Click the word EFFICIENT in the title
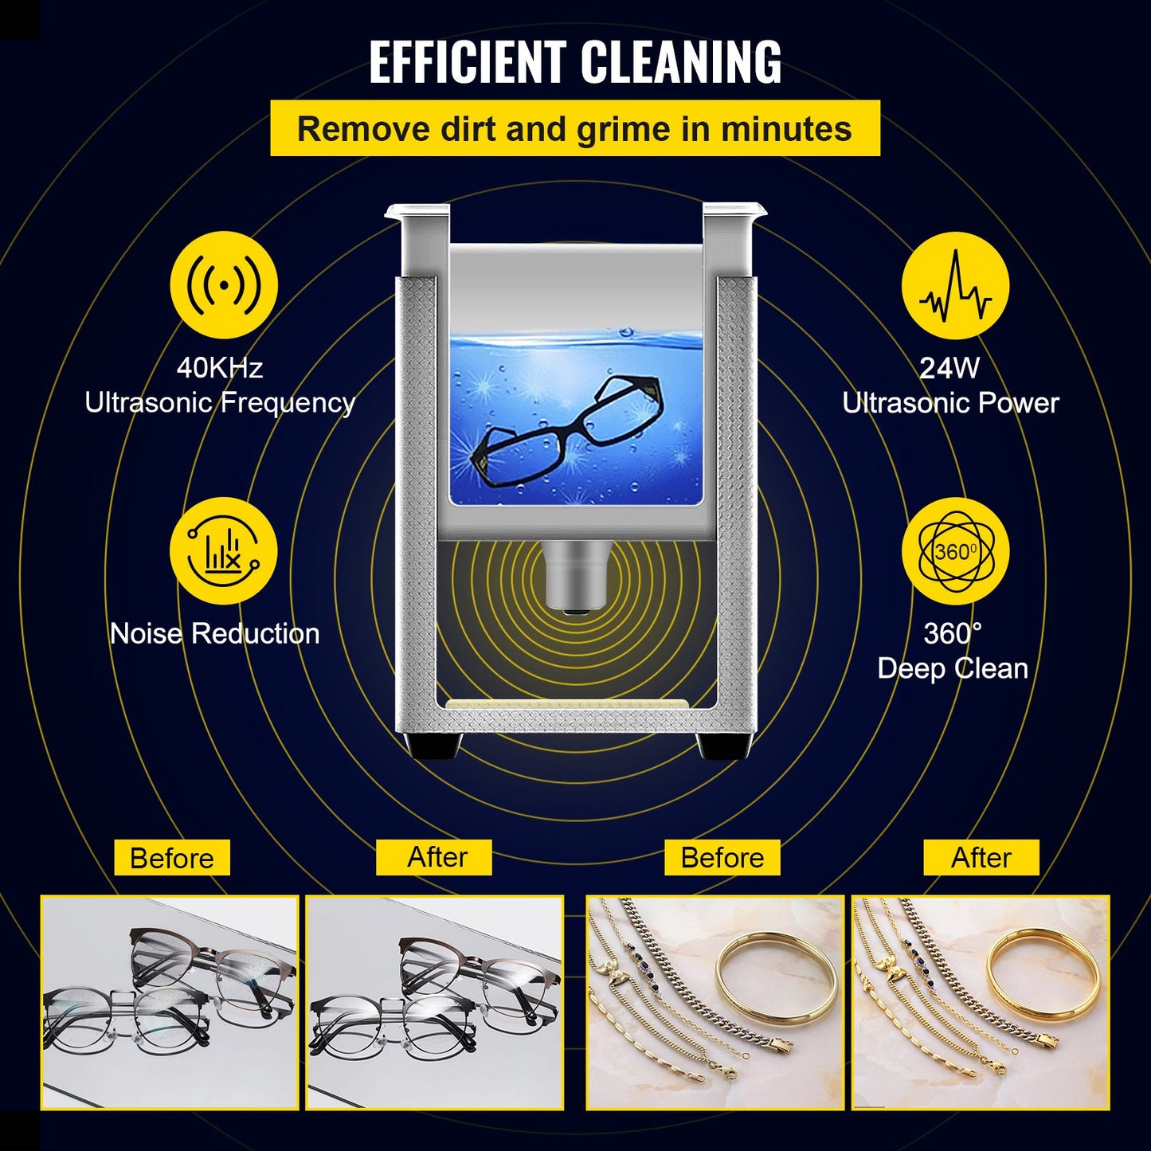tap(468, 62)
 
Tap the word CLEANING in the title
tap(680, 62)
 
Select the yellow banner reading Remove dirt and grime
tap(574, 128)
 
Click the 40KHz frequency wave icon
tap(224, 285)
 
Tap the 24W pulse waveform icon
tap(955, 285)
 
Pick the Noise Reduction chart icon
tap(224, 551)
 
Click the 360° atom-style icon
tap(955, 551)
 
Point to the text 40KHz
tap(219, 367)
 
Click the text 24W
tap(949, 367)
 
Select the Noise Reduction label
tap(214, 633)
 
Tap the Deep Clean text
tap(953, 668)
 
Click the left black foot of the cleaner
tap(434, 746)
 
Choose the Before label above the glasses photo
tap(171, 858)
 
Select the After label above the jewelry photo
tap(981, 858)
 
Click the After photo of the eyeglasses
tap(435, 1002)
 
